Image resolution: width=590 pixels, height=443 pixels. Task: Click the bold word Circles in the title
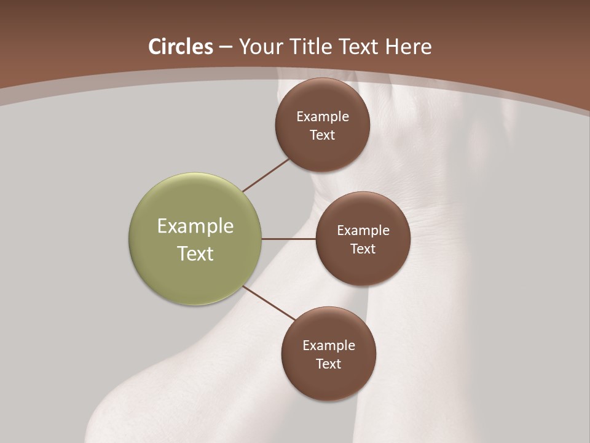tap(181, 47)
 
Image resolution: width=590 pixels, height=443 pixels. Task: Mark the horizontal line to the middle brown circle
tap(288, 239)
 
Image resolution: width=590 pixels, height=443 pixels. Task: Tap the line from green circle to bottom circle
tap(269, 303)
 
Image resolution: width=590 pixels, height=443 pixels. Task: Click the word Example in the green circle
tap(195, 226)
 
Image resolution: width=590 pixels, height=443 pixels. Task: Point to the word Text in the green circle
tap(195, 253)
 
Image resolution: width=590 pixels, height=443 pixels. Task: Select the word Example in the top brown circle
tap(323, 117)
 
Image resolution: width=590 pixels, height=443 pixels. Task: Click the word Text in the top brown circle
tap(323, 135)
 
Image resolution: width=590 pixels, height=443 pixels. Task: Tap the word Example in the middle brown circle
tap(363, 231)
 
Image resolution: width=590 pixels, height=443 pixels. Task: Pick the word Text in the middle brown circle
tap(363, 249)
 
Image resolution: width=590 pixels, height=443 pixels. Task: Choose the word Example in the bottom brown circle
tap(329, 346)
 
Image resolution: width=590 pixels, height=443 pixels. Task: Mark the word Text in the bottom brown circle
tap(329, 364)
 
